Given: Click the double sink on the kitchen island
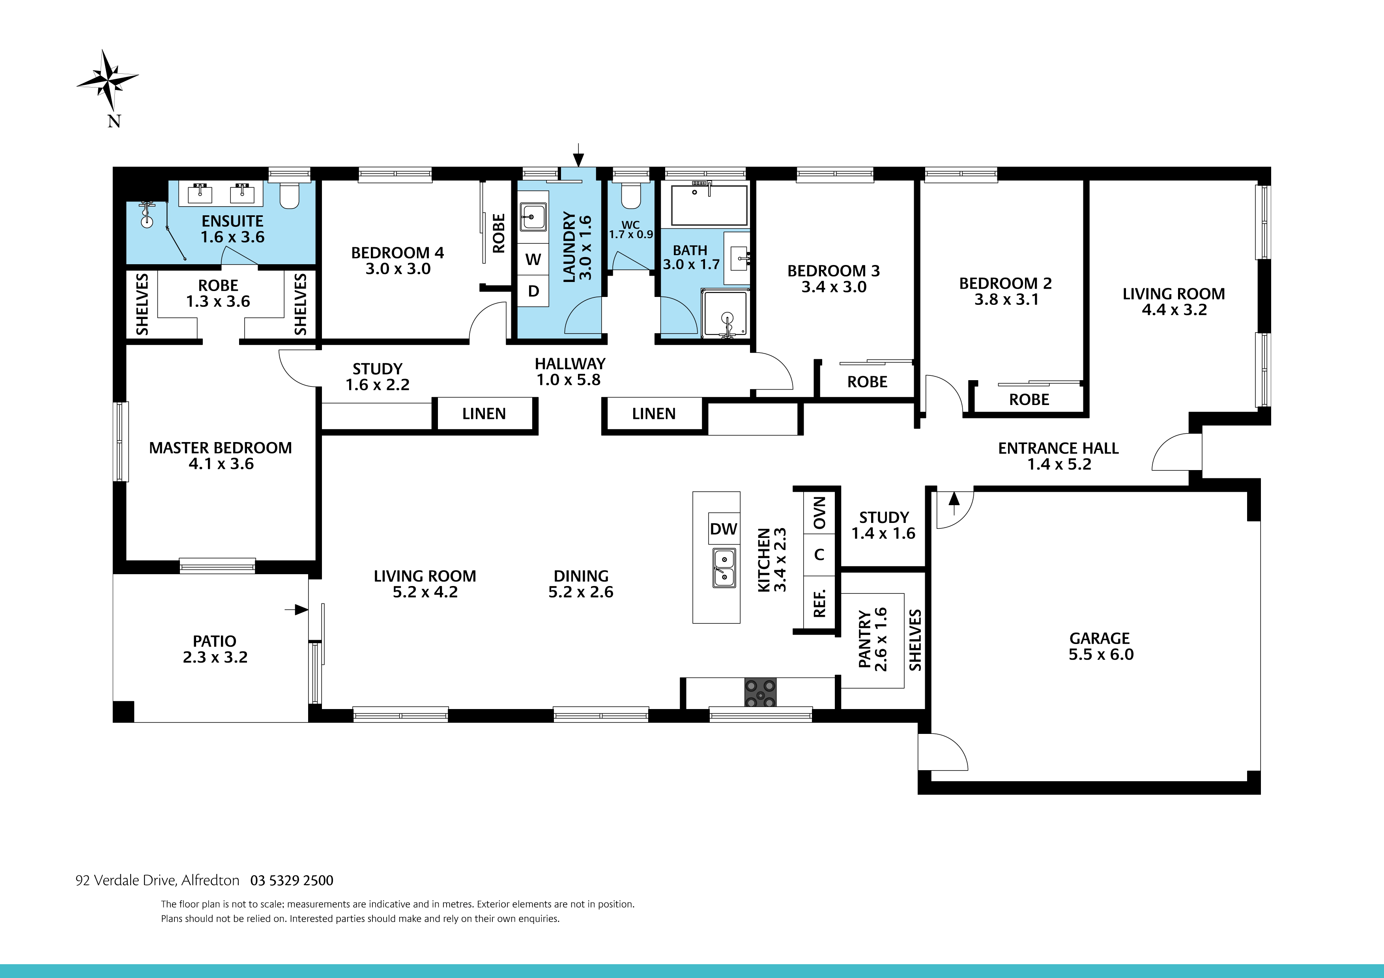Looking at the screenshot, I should click(x=723, y=567).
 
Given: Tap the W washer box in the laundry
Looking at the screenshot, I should click(x=533, y=260).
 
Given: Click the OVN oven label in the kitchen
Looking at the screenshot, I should click(x=819, y=513).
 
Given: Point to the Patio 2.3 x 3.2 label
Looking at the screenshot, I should click(x=215, y=649).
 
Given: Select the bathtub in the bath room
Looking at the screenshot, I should click(x=709, y=205).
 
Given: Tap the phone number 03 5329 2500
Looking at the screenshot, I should click(x=291, y=880).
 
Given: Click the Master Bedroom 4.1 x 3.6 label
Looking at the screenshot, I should click(x=221, y=455).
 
